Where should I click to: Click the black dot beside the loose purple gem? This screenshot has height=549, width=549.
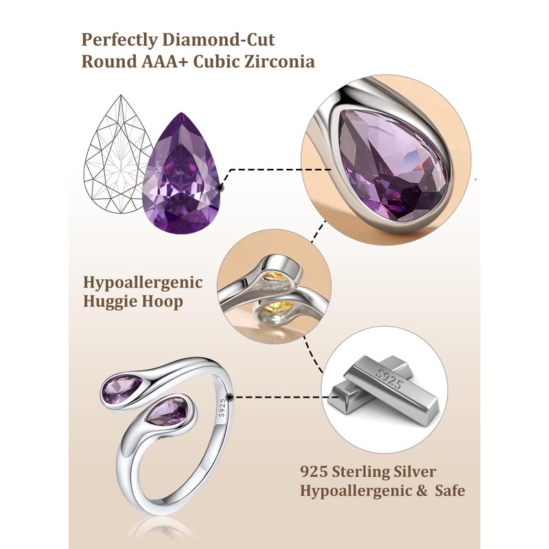221,185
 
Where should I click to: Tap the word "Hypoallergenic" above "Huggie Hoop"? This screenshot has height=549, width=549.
143,282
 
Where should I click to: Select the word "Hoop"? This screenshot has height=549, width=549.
165,301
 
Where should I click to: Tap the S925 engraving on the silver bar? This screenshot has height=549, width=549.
388,378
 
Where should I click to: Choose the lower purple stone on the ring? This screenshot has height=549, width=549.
169,412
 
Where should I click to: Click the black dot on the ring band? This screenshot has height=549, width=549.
237,396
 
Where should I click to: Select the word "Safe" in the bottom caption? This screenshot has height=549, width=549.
448,491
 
